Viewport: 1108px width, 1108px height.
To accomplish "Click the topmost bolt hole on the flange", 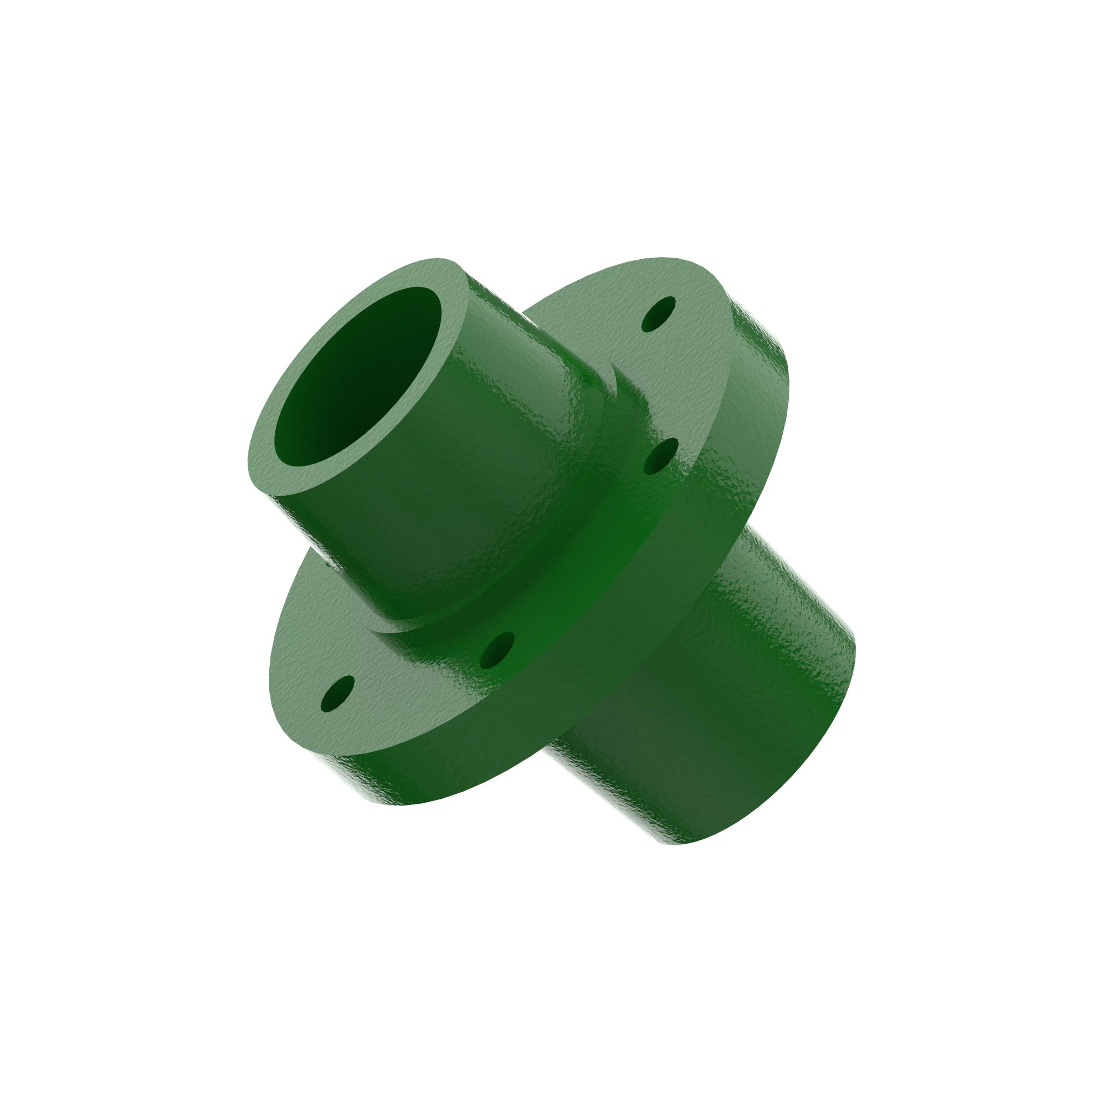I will click(x=659, y=314).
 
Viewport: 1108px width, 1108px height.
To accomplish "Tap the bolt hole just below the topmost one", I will click(x=661, y=456).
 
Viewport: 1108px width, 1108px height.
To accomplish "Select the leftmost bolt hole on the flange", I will click(x=337, y=694).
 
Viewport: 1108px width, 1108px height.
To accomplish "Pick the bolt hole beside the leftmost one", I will click(x=496, y=651).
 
